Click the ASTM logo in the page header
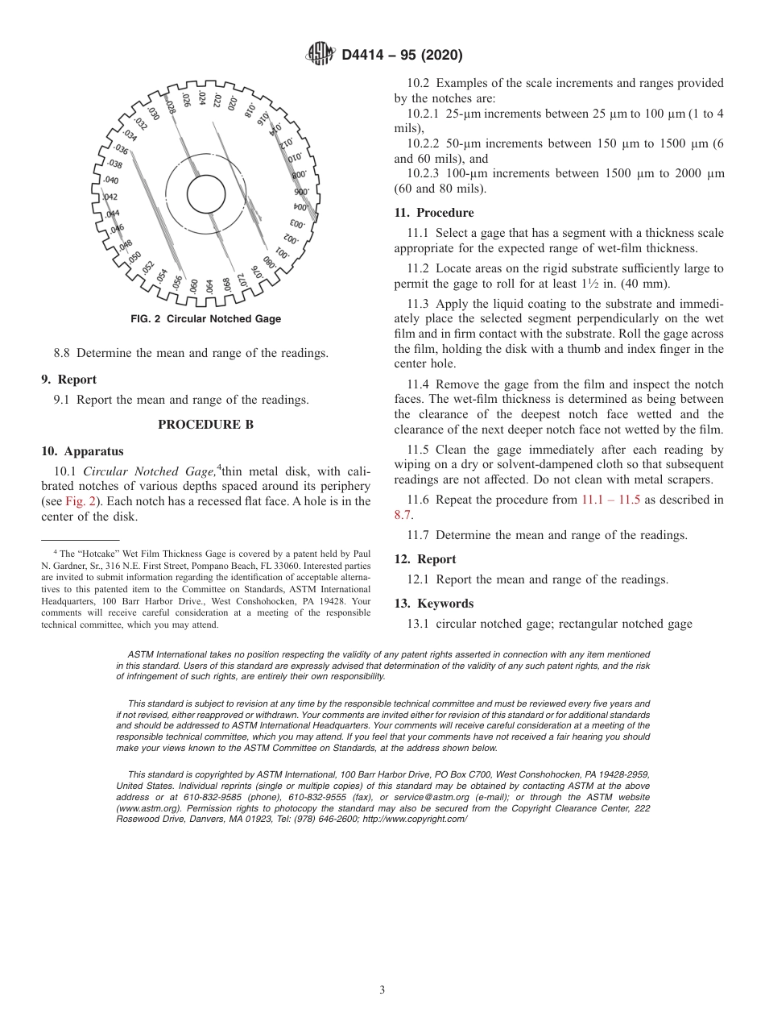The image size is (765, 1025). point(320,55)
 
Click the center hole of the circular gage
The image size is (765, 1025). point(205,194)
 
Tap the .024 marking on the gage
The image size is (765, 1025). point(201,99)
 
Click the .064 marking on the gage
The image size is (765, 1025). point(209,286)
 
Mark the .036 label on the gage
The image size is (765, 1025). point(121,149)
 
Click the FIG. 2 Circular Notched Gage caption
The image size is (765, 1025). point(205,319)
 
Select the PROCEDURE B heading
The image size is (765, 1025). point(205,425)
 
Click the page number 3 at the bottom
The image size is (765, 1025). point(382,990)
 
